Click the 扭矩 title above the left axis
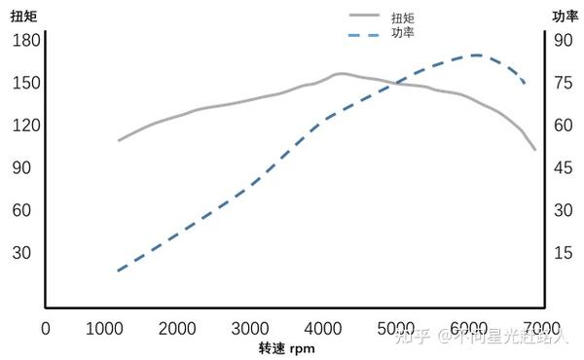(23, 16)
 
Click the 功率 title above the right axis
(565, 16)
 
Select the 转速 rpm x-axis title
(287, 348)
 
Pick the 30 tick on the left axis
(21, 252)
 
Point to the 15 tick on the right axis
(563, 252)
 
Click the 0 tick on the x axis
(45, 328)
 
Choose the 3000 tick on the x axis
(250, 328)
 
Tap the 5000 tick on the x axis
(396, 328)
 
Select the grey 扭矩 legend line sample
(364, 16)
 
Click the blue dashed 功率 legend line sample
(364, 34)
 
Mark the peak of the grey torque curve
(339, 73)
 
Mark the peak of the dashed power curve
(475, 54)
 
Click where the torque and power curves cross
(397, 84)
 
